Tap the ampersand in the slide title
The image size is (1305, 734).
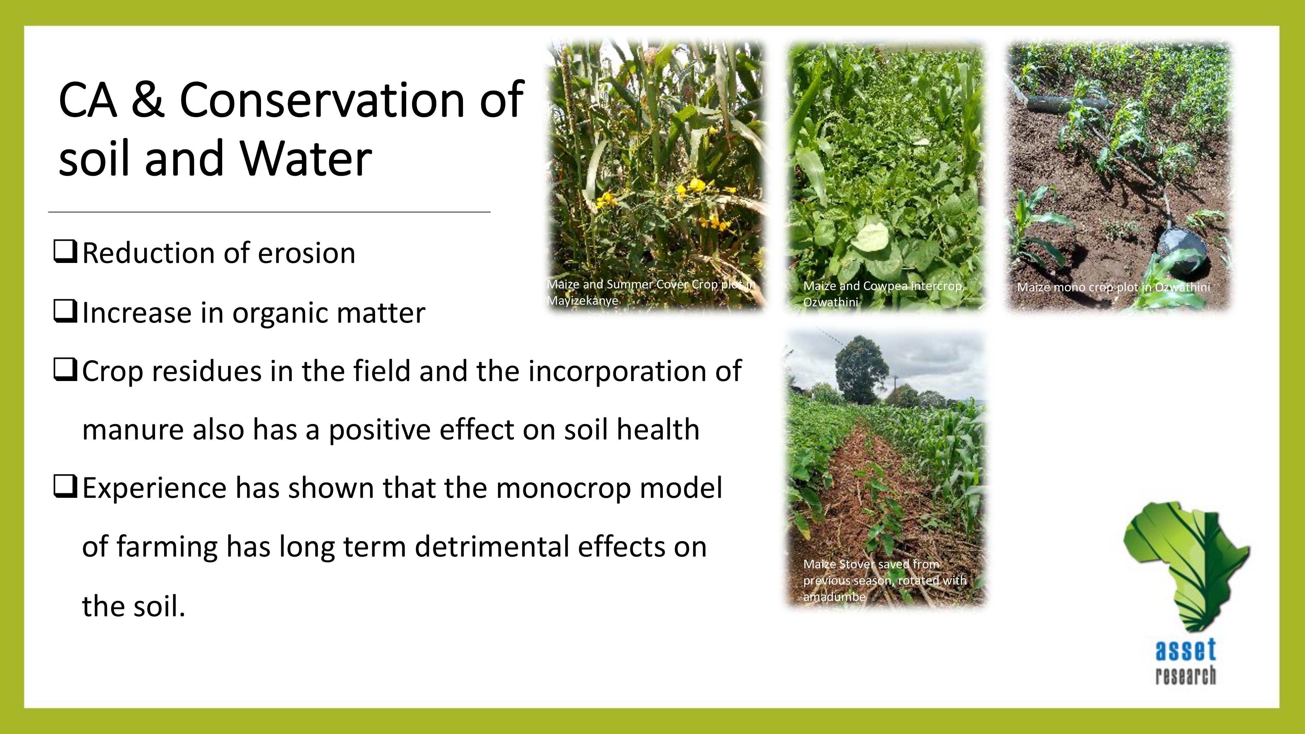click(x=147, y=100)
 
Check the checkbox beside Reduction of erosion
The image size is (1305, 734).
click(x=65, y=252)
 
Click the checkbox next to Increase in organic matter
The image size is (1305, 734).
click(x=65, y=312)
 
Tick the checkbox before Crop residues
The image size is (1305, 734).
click(x=65, y=370)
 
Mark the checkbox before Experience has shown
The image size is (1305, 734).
click(x=65, y=487)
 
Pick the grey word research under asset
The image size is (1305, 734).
click(x=1186, y=676)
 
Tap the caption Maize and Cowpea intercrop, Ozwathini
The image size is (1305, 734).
click(x=883, y=294)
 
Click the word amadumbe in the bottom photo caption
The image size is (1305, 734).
click(x=834, y=597)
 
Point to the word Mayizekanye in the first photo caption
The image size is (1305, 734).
click(x=583, y=300)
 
